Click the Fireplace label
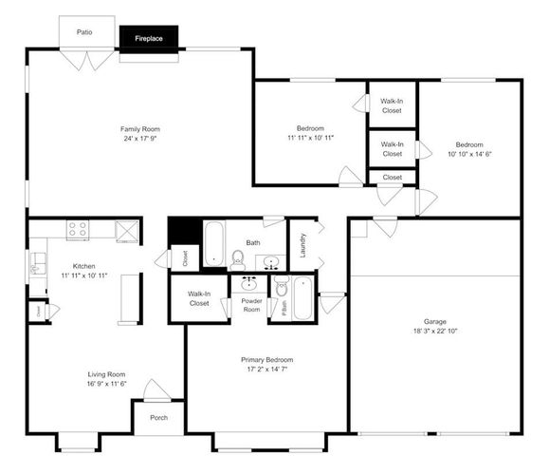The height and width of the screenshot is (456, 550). point(148,40)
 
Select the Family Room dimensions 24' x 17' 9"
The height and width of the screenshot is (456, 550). point(138,139)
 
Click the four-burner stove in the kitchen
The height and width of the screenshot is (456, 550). point(78,228)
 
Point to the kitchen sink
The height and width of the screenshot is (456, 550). point(37,263)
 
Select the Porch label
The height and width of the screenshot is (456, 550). point(158,416)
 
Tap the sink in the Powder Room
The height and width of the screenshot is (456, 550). point(250,284)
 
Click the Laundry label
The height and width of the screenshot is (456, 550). point(302,246)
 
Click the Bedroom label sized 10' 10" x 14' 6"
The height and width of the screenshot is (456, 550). point(469,144)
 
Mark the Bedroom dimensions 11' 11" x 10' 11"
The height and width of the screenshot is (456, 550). point(311,138)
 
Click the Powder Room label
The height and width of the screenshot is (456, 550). point(251,305)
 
